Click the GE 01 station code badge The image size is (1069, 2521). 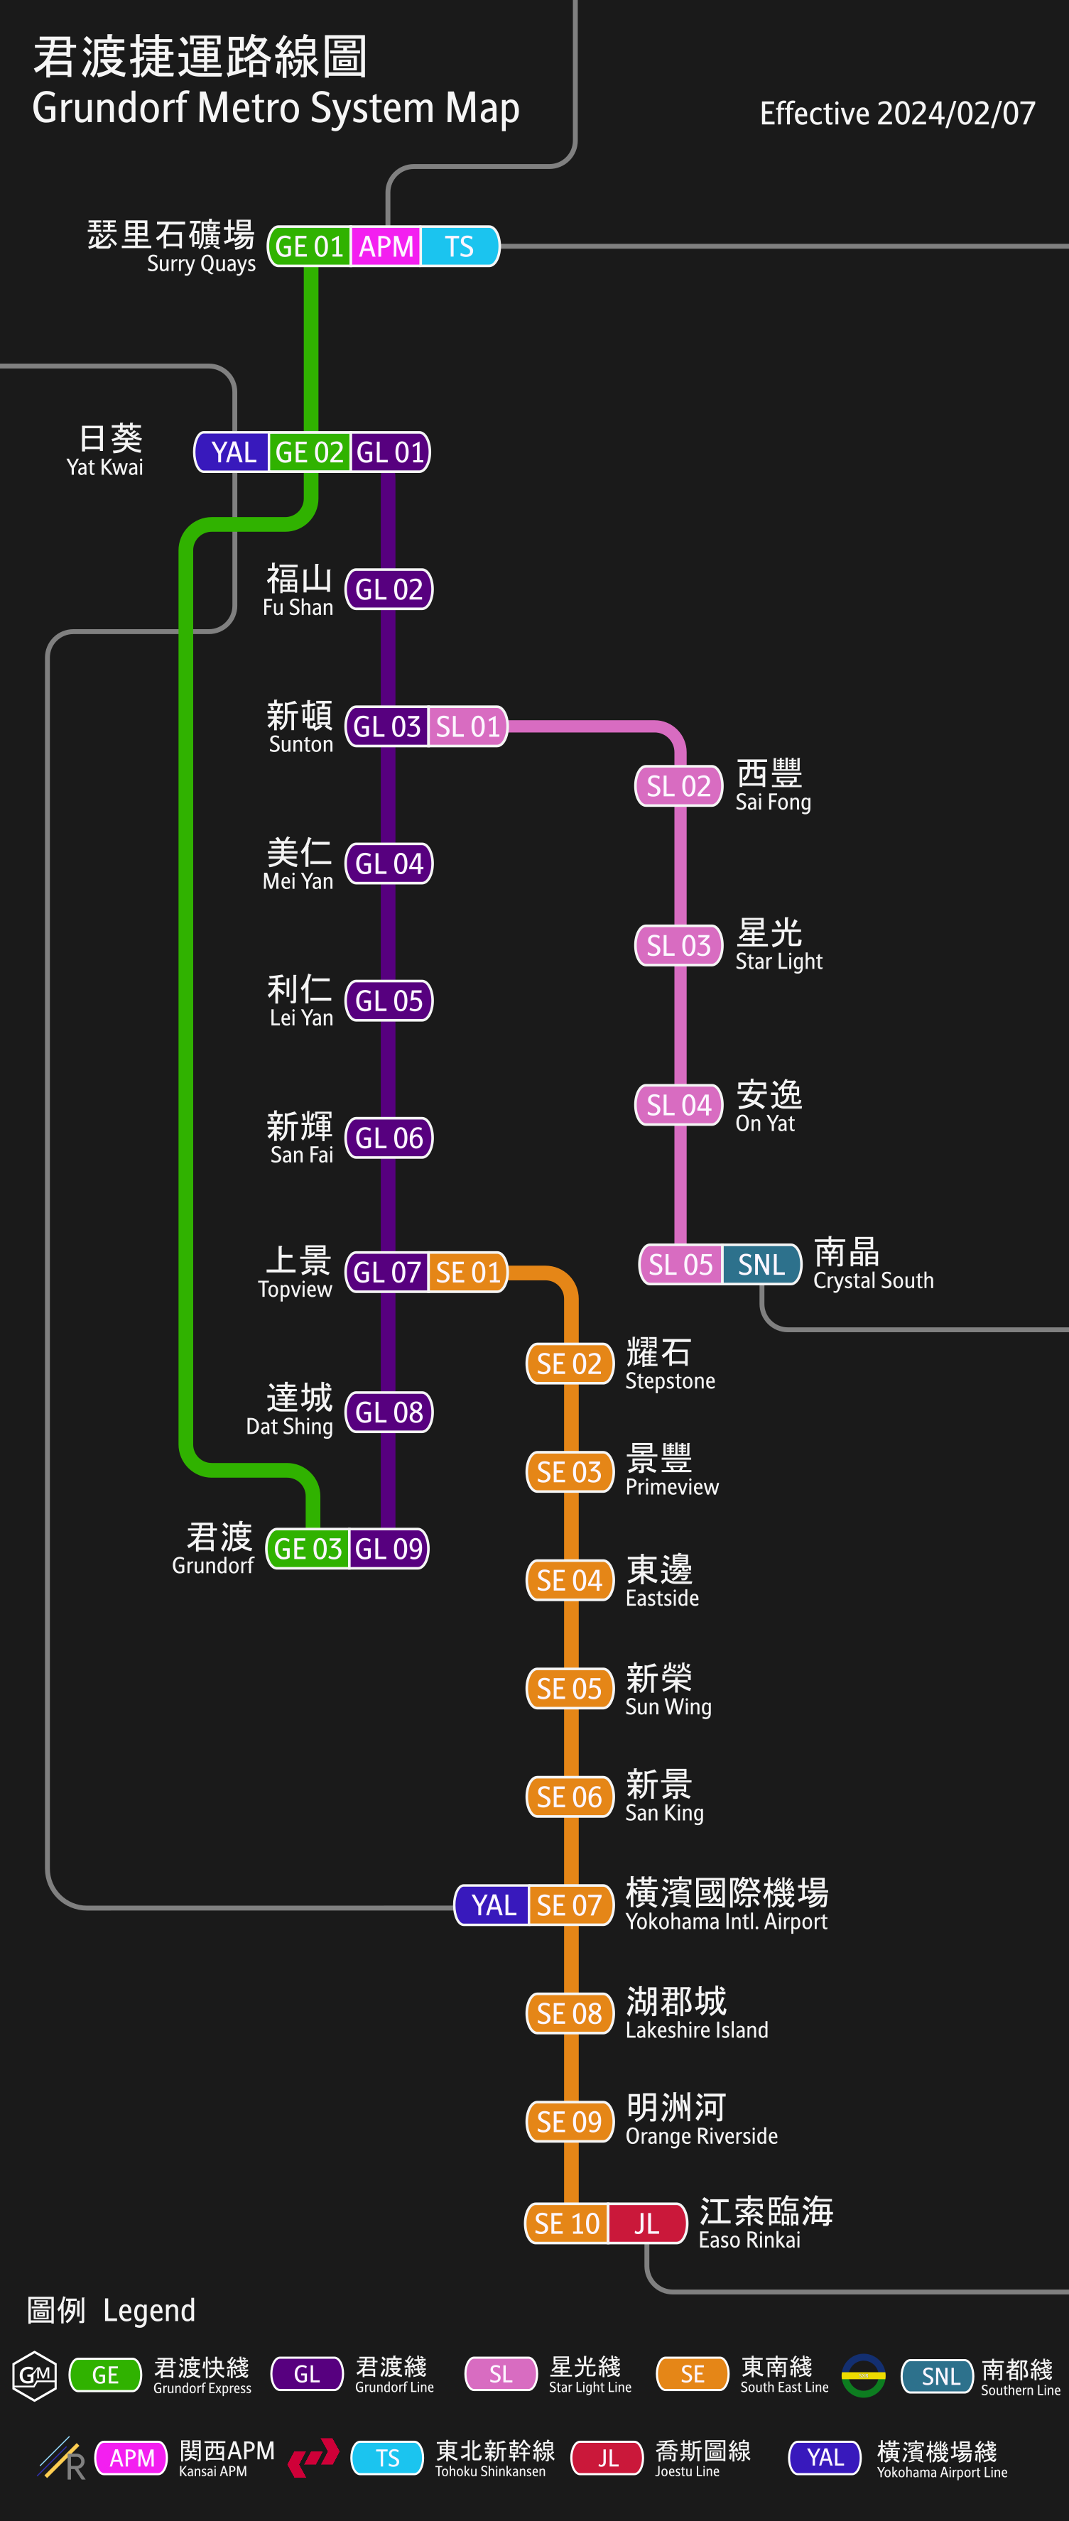pos(308,246)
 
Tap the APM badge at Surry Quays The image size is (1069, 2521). pos(386,246)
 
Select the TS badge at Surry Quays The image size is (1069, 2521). pos(459,246)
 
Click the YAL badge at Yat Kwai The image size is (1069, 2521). pos(233,452)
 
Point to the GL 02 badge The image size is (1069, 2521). pos(389,589)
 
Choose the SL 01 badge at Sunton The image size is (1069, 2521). pos(467,726)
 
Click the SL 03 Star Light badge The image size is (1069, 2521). pos(678,945)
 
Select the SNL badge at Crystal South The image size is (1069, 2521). pos(761,1265)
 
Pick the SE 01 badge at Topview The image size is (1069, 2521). pos(467,1273)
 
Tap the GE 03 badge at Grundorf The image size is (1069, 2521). pos(308,1548)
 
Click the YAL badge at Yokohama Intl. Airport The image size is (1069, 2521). pos(494,1905)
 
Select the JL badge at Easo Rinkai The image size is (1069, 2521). pos(647,2223)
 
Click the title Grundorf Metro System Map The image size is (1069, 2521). pos(275,108)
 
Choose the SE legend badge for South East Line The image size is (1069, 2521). pos(692,2373)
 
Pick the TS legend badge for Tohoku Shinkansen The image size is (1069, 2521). pos(388,2457)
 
